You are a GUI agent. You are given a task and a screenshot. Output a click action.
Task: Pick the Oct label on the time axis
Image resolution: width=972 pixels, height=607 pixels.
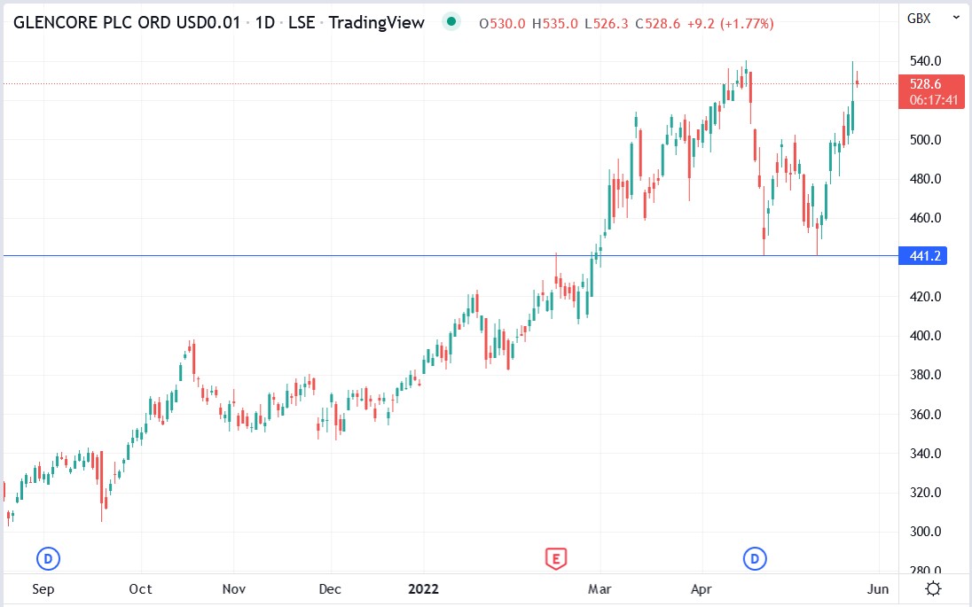coord(140,588)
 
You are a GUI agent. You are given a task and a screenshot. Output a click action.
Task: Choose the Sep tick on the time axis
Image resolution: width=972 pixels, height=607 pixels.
coord(43,588)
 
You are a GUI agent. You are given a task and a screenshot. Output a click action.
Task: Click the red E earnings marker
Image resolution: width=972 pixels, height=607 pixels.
coord(555,558)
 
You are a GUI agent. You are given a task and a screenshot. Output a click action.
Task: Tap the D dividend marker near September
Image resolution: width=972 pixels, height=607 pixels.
coord(48,558)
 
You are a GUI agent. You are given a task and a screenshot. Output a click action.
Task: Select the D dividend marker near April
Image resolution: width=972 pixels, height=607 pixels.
coord(755,558)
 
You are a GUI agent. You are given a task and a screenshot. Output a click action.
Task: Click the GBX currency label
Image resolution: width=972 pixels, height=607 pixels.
coord(919,17)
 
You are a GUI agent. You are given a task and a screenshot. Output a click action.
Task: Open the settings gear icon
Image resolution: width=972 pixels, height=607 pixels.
coord(933,588)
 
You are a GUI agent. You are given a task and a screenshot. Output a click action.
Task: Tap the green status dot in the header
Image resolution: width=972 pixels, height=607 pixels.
coord(452,22)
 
